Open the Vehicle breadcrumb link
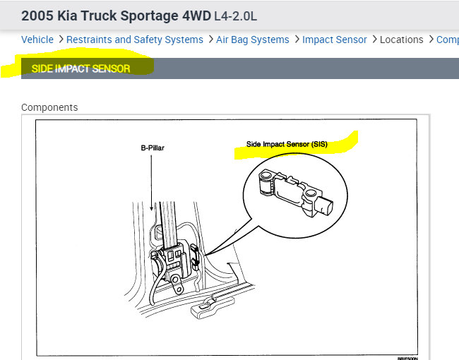(37, 40)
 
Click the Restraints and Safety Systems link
(134, 40)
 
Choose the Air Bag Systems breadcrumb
(254, 40)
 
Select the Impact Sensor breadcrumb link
(334, 40)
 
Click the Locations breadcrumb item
(401, 40)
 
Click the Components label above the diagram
(49, 107)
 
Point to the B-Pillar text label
(152, 149)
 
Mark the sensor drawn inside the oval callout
(293, 191)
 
